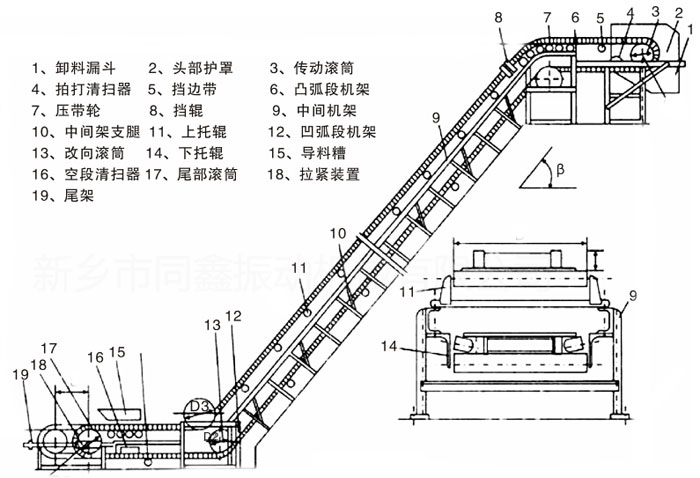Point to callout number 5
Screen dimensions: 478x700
coord(600,18)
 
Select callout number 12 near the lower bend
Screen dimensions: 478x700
coord(232,316)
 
